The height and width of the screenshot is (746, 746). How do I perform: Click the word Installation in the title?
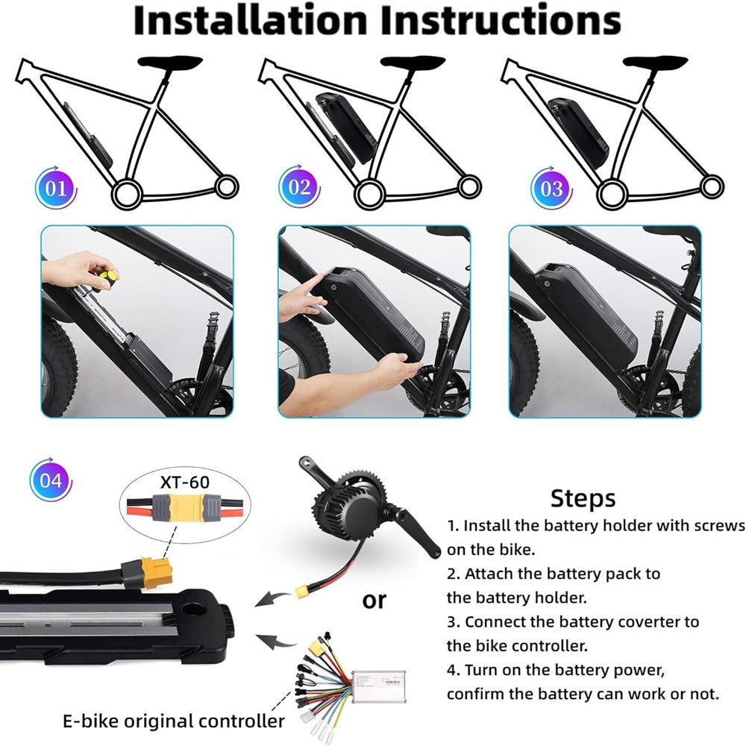250,20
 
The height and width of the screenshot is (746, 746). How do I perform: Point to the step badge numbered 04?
51,480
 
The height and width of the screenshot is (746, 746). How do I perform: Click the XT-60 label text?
184,482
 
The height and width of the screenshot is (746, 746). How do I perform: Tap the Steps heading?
583,498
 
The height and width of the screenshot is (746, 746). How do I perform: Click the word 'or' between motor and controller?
374,601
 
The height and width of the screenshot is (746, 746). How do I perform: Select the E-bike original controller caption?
174,721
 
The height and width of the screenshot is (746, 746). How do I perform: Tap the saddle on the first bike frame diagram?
170,62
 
